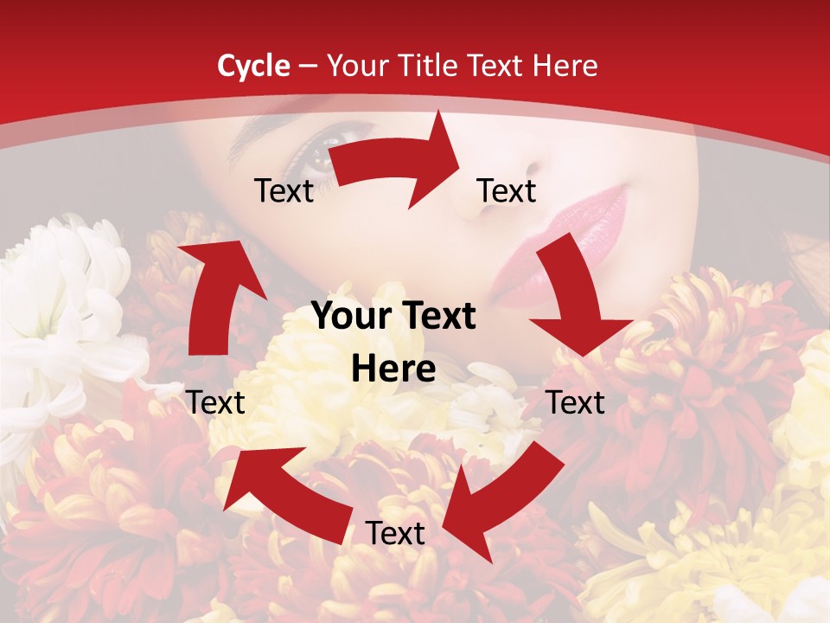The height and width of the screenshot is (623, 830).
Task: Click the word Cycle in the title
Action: (x=253, y=66)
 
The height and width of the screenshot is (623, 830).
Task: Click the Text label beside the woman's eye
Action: (x=284, y=191)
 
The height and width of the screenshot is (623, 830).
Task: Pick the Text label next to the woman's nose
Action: (x=507, y=191)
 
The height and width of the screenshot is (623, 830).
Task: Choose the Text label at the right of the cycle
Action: (x=576, y=402)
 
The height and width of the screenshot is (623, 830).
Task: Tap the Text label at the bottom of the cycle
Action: (x=395, y=534)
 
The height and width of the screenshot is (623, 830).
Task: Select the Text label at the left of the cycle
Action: (x=215, y=402)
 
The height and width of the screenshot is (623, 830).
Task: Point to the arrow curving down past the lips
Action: (x=575, y=294)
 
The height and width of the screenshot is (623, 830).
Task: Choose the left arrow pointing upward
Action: (x=217, y=294)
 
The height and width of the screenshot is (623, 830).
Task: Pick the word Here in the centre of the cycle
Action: (x=393, y=369)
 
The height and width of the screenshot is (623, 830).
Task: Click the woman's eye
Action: (x=316, y=156)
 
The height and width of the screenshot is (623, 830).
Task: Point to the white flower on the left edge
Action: (x=61, y=303)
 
